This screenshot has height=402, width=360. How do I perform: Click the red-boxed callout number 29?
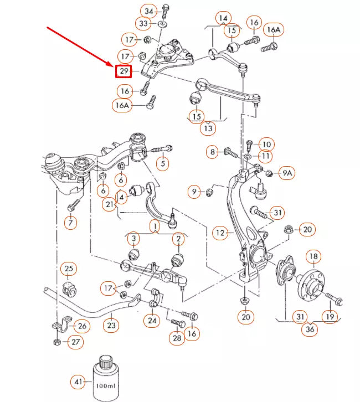[124, 71]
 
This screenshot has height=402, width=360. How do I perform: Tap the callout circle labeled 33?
[144, 24]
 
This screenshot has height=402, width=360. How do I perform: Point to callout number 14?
[223, 18]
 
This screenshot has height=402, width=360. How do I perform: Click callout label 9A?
[286, 173]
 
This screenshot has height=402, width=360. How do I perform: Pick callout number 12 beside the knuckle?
[221, 233]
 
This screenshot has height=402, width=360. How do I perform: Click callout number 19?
[330, 317]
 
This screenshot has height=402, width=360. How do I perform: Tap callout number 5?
[163, 163]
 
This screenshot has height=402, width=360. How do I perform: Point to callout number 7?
[70, 223]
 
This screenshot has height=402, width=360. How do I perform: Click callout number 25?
[68, 270]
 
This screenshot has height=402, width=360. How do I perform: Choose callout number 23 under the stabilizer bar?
[112, 326]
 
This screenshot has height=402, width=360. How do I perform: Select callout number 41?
[78, 381]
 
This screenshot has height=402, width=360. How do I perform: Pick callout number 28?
[177, 338]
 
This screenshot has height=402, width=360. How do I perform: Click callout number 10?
[266, 145]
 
